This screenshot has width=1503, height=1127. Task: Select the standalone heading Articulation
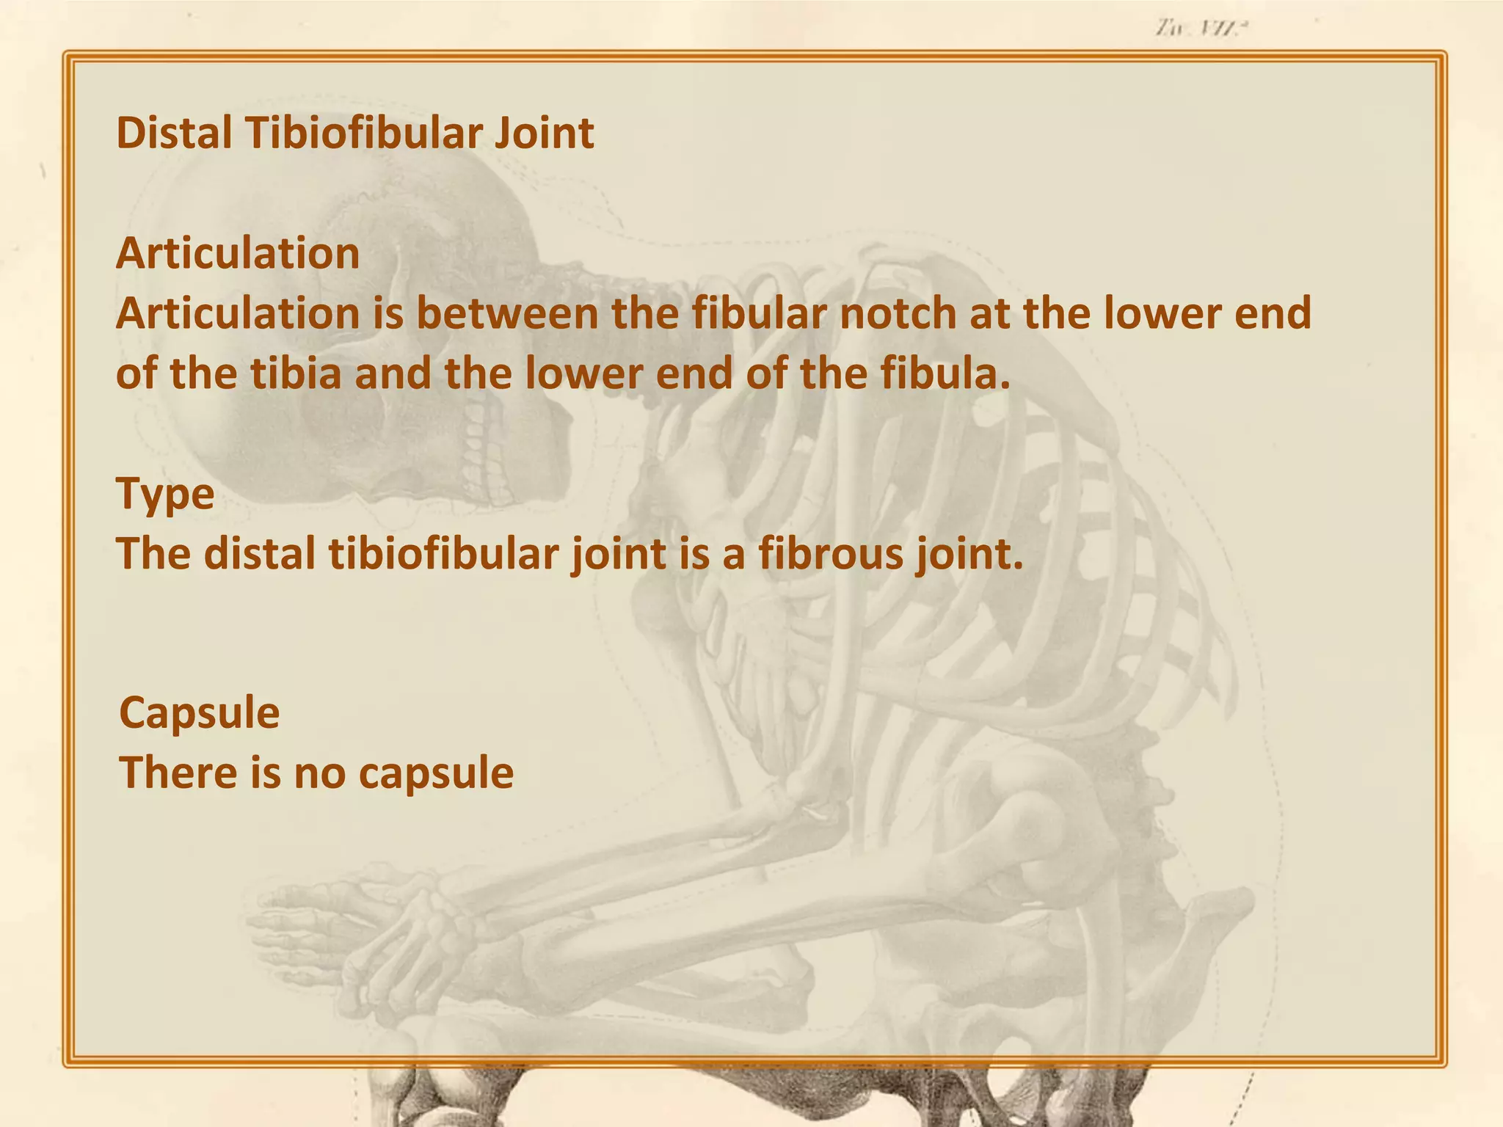[238, 253]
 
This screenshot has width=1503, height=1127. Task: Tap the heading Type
[165, 494]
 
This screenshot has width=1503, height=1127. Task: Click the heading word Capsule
[199, 712]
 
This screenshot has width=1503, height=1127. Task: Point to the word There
[178, 773]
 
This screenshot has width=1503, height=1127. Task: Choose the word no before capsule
[319, 774]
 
